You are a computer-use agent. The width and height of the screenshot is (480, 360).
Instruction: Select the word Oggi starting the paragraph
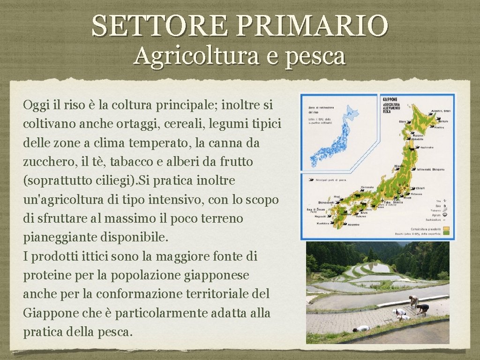point(35,105)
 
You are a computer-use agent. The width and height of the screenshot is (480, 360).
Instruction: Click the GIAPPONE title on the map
point(390,99)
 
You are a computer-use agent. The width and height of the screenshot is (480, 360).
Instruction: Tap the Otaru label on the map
point(403,122)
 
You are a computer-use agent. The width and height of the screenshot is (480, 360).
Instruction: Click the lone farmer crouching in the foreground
point(361,329)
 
